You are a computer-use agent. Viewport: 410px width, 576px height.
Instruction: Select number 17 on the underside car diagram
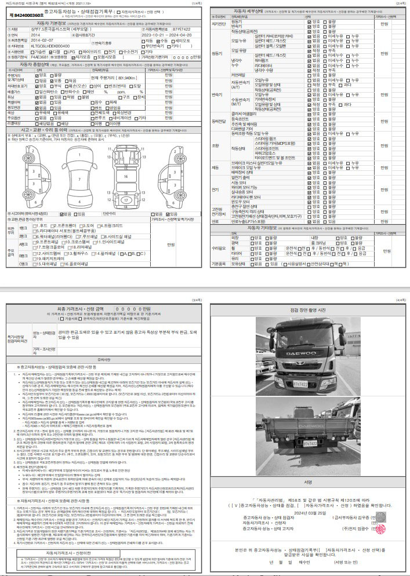pyautogui.click(x=125, y=199)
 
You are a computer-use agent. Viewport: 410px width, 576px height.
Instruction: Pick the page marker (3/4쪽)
pyautogui.click(x=194, y=300)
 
